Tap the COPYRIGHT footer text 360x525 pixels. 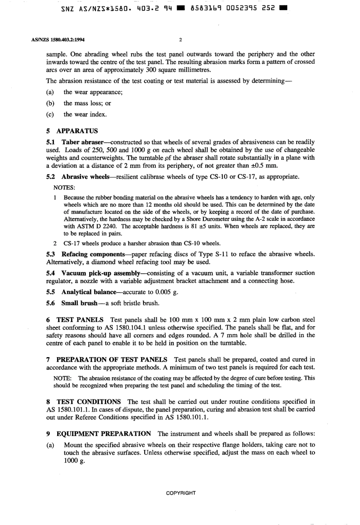(181, 493)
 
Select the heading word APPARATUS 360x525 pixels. (77, 131)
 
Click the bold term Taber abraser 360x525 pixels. (82, 142)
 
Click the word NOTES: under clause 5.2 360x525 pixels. (64, 187)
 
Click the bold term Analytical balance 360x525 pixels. (89, 292)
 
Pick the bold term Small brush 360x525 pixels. (79, 303)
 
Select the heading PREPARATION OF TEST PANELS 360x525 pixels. (111, 359)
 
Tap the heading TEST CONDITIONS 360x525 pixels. (89, 402)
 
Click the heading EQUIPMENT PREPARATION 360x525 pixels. (103, 433)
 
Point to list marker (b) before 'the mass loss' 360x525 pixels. (50, 103)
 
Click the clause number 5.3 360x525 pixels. (51, 254)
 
